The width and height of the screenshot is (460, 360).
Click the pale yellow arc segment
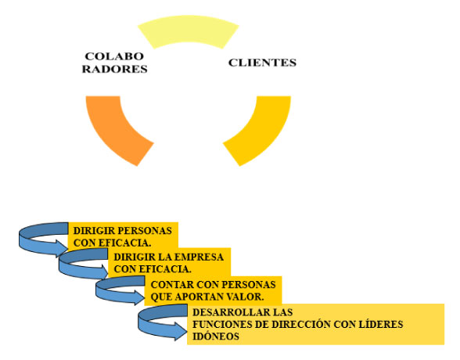click(188, 29)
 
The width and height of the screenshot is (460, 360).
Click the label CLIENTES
click(262, 63)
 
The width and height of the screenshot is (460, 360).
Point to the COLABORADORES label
click(114, 62)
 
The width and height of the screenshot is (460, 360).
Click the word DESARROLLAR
click(232, 312)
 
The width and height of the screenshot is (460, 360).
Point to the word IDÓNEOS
click(216, 337)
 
